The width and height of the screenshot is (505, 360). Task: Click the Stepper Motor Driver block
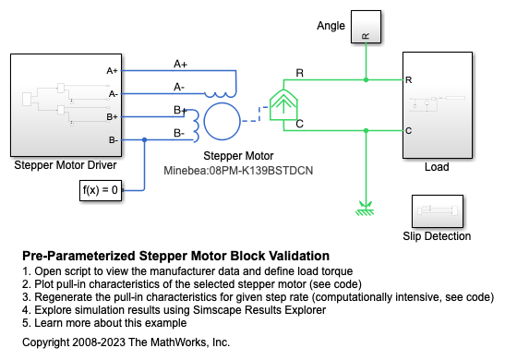66,105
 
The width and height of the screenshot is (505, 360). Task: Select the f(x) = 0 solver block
101,191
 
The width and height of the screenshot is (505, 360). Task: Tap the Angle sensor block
366,27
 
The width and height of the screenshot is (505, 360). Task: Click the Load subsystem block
438,105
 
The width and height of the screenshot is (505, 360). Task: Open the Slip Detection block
438,211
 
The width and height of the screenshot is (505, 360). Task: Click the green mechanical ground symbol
366,209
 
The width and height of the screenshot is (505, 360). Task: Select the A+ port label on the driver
112,70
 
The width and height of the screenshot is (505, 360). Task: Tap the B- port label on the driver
113,140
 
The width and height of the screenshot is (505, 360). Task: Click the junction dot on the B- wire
145,139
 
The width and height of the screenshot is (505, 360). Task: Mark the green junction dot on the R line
366,80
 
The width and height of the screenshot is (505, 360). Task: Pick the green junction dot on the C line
366,130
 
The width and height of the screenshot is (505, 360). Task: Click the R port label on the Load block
408,80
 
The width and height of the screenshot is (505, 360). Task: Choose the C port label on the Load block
408,131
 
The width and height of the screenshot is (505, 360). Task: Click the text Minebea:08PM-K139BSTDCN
238,171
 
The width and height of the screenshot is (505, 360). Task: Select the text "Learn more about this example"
111,323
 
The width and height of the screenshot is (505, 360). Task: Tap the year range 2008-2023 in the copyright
99,342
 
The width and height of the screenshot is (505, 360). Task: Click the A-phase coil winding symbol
221,95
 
